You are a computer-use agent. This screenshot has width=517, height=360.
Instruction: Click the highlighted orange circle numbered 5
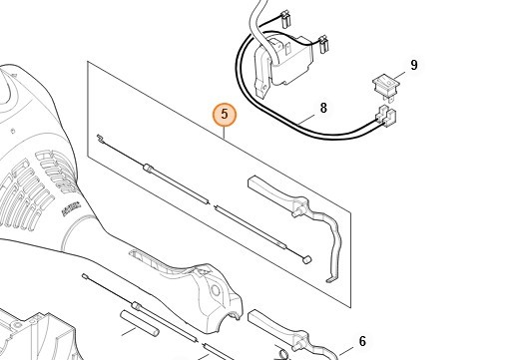(225, 115)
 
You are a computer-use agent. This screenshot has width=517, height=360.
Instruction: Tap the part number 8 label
(323, 108)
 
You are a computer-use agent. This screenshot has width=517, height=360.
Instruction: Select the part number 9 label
(414, 65)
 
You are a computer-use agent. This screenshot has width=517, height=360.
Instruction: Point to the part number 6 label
(362, 341)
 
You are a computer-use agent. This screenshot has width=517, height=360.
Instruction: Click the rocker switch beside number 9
(384, 87)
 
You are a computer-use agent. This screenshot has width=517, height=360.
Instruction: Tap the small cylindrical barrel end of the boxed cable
(306, 259)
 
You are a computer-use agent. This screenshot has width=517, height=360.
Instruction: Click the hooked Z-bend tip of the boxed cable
(99, 137)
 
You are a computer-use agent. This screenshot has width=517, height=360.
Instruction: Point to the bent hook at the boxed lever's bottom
(331, 279)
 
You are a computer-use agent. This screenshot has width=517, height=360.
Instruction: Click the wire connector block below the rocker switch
(385, 117)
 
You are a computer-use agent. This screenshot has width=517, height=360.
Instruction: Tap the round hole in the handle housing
(216, 291)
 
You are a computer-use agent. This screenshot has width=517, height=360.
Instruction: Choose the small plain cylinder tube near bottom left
(139, 323)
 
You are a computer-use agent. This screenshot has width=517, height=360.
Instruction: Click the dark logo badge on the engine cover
(71, 208)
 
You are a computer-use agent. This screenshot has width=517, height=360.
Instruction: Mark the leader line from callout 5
(225, 133)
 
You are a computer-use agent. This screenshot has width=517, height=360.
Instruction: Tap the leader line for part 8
(305, 120)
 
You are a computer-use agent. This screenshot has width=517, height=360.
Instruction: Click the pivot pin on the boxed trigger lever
(295, 212)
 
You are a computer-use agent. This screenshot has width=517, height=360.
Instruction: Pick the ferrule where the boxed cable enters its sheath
(149, 168)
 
